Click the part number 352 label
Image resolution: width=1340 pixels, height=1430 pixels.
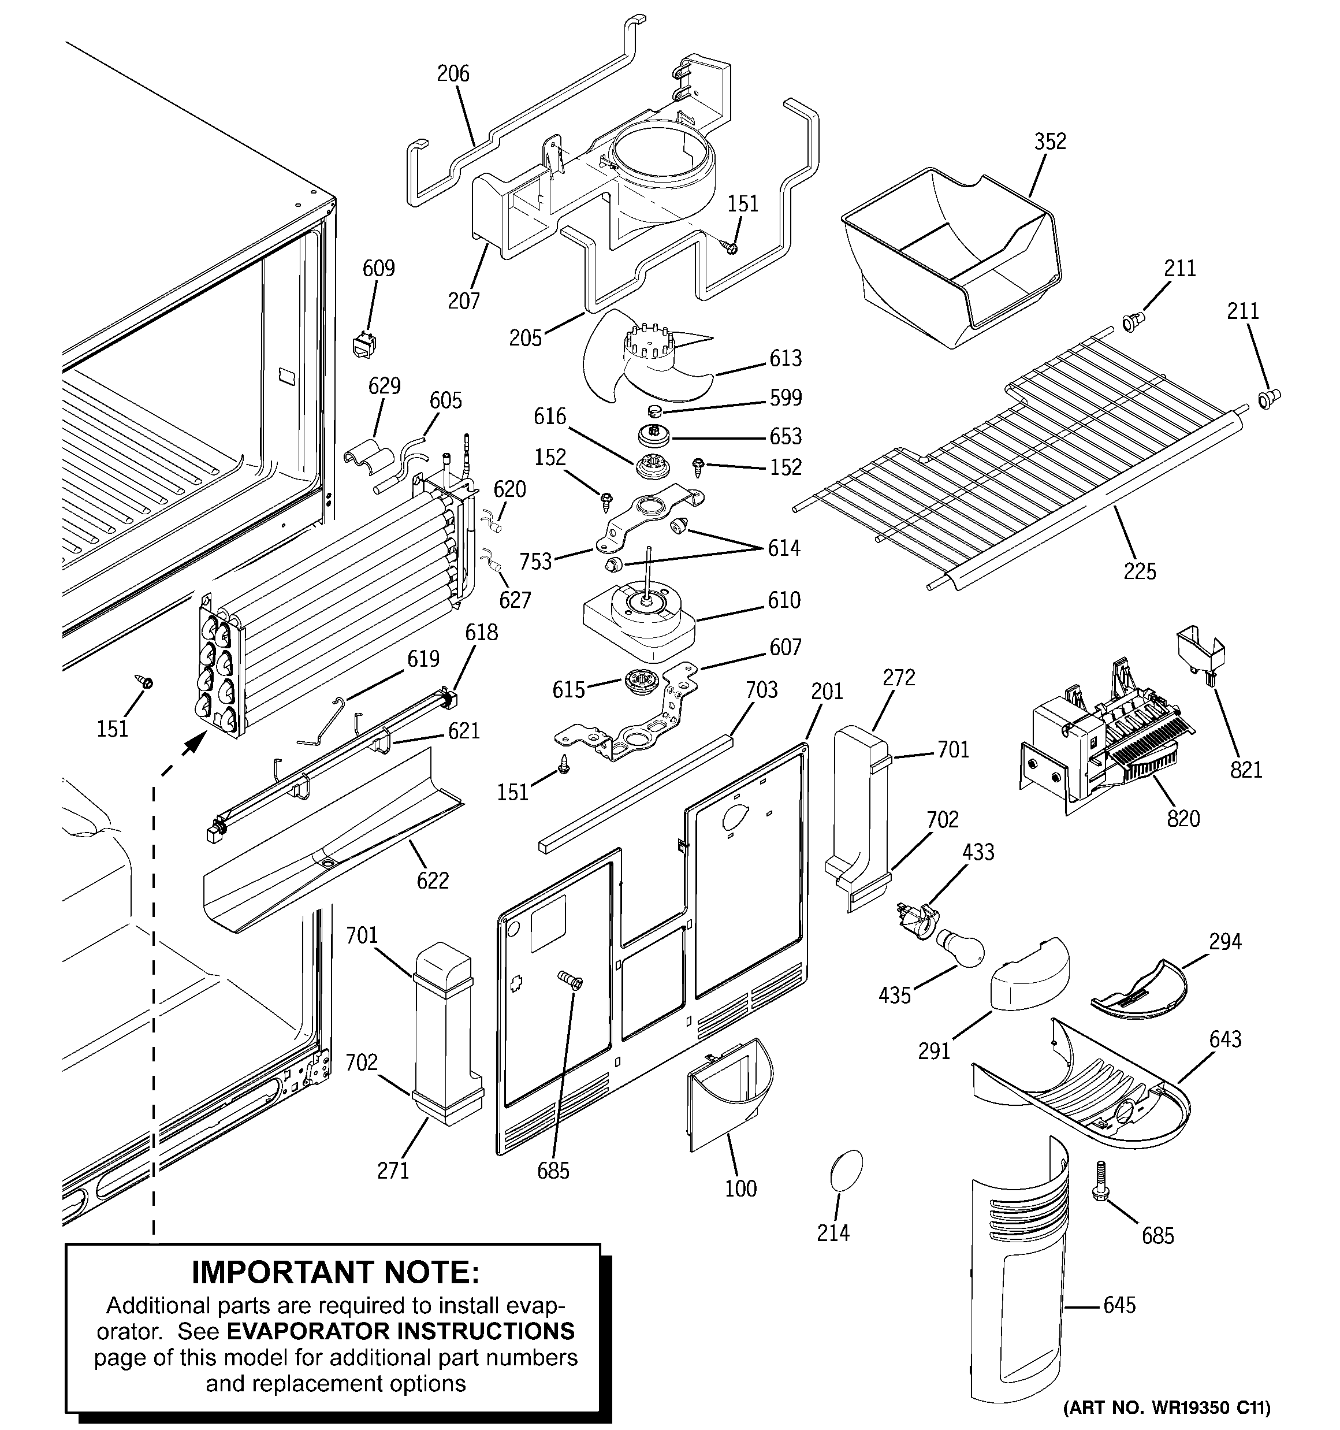[x=1049, y=142]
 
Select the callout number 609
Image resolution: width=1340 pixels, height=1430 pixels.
[x=378, y=268]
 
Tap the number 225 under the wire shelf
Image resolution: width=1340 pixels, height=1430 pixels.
[x=1140, y=571]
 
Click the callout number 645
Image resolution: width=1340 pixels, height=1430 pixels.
[x=1119, y=1304]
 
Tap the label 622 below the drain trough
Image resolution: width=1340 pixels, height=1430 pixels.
[x=432, y=880]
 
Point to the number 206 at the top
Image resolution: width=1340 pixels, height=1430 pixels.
[x=453, y=73]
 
